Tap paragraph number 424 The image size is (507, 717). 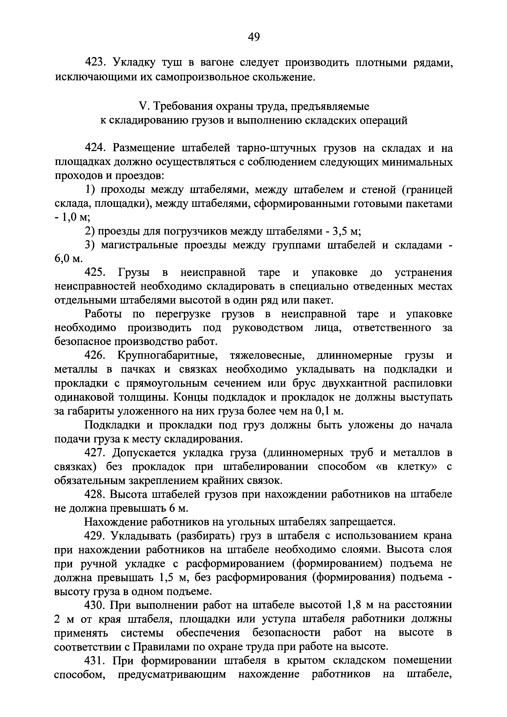tap(95, 148)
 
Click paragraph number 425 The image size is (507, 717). tap(95, 273)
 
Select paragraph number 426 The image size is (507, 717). tap(95, 356)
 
